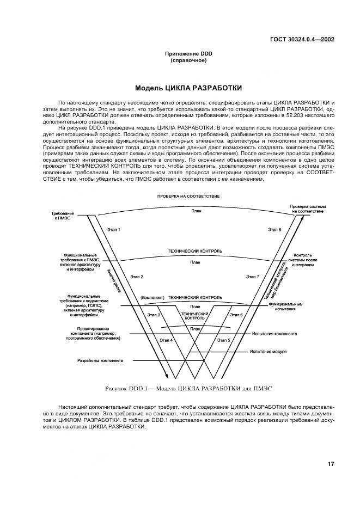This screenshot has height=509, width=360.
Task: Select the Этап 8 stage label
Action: tap(274, 230)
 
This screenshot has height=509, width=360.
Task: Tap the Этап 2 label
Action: tap(137, 277)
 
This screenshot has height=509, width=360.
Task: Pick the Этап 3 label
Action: tap(154, 315)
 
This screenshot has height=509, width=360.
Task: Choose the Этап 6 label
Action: tap(236, 315)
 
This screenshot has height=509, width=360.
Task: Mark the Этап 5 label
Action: tap(224, 340)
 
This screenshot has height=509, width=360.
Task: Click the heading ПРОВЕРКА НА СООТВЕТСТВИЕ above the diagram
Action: tap(188, 195)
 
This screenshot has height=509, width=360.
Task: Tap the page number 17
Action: tap(331, 464)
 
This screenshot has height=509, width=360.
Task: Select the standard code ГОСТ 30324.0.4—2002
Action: tap(302, 39)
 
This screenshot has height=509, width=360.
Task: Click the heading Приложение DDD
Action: tap(188, 53)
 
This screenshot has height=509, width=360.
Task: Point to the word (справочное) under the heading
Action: tap(188, 60)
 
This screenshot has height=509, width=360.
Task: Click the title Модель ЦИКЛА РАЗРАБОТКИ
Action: tap(188, 88)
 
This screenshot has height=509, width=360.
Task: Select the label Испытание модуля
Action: tap(268, 351)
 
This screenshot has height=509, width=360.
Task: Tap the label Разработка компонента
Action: tap(100, 360)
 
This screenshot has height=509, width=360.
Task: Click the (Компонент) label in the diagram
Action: tap(152, 298)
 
